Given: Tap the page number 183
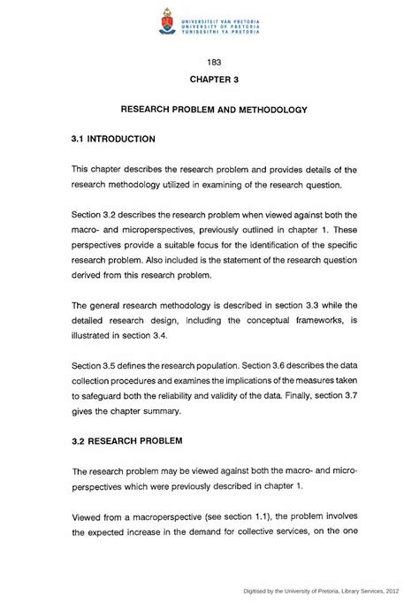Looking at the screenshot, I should click(212, 62).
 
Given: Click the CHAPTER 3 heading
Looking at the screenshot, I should click(213, 80).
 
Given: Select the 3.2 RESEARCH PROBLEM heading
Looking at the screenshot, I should click(127, 439).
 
